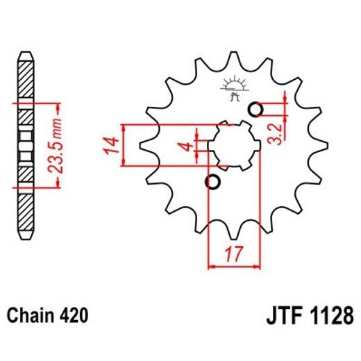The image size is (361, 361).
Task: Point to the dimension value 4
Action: point(184,146)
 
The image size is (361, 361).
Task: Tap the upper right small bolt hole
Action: point(255,109)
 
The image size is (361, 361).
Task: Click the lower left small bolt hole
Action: point(212,182)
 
